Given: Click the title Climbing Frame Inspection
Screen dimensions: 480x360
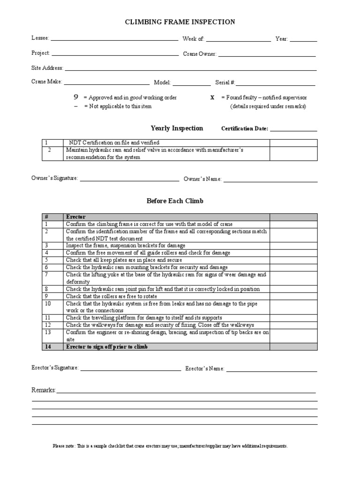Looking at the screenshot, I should (x=180, y=22).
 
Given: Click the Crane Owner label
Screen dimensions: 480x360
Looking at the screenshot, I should (x=200, y=54).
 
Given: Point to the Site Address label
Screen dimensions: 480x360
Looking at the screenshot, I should (x=47, y=68).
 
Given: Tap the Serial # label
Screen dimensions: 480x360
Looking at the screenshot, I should (x=225, y=82).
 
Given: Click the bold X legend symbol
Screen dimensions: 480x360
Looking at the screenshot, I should (x=212, y=97).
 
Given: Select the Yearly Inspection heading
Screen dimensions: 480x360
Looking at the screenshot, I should (x=177, y=128).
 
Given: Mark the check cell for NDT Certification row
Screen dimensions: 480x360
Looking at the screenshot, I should (x=293, y=142).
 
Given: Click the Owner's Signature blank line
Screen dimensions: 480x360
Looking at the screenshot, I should (x=129, y=180).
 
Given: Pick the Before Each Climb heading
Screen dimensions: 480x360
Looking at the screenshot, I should (x=175, y=201).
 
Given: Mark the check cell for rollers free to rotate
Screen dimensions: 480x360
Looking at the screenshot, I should (x=293, y=296).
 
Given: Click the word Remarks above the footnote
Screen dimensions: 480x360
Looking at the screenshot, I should (x=44, y=390).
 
